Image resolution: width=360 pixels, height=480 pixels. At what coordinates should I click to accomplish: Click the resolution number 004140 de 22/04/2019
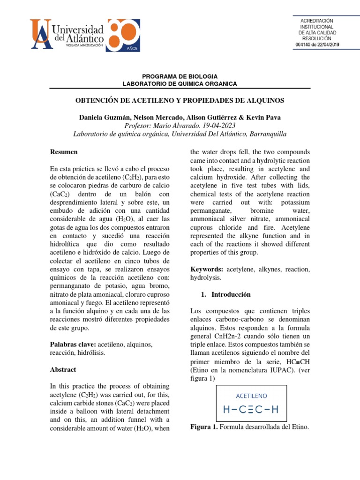click(x=317, y=45)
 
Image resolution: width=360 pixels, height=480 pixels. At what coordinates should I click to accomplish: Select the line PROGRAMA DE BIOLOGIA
click(x=180, y=76)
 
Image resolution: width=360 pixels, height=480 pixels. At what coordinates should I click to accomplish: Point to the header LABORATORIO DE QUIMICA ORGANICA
click(x=180, y=83)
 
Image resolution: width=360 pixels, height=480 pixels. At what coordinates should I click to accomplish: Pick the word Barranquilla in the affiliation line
click(x=263, y=134)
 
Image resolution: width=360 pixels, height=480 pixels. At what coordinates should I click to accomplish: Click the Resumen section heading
click(x=64, y=152)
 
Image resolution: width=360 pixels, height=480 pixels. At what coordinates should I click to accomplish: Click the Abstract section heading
click(x=63, y=369)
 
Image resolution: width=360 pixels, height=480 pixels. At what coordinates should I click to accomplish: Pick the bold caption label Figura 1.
click(x=203, y=427)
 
